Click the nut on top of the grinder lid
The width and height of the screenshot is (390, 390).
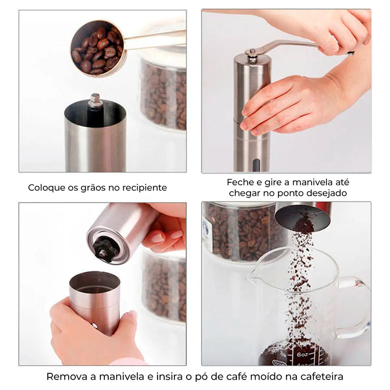252,54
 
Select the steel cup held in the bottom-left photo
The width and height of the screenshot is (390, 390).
95,297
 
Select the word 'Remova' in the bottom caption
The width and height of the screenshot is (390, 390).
65,377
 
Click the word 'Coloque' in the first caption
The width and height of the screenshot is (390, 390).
44,188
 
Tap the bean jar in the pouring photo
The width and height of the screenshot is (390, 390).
239,229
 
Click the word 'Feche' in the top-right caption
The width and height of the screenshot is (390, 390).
239,182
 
